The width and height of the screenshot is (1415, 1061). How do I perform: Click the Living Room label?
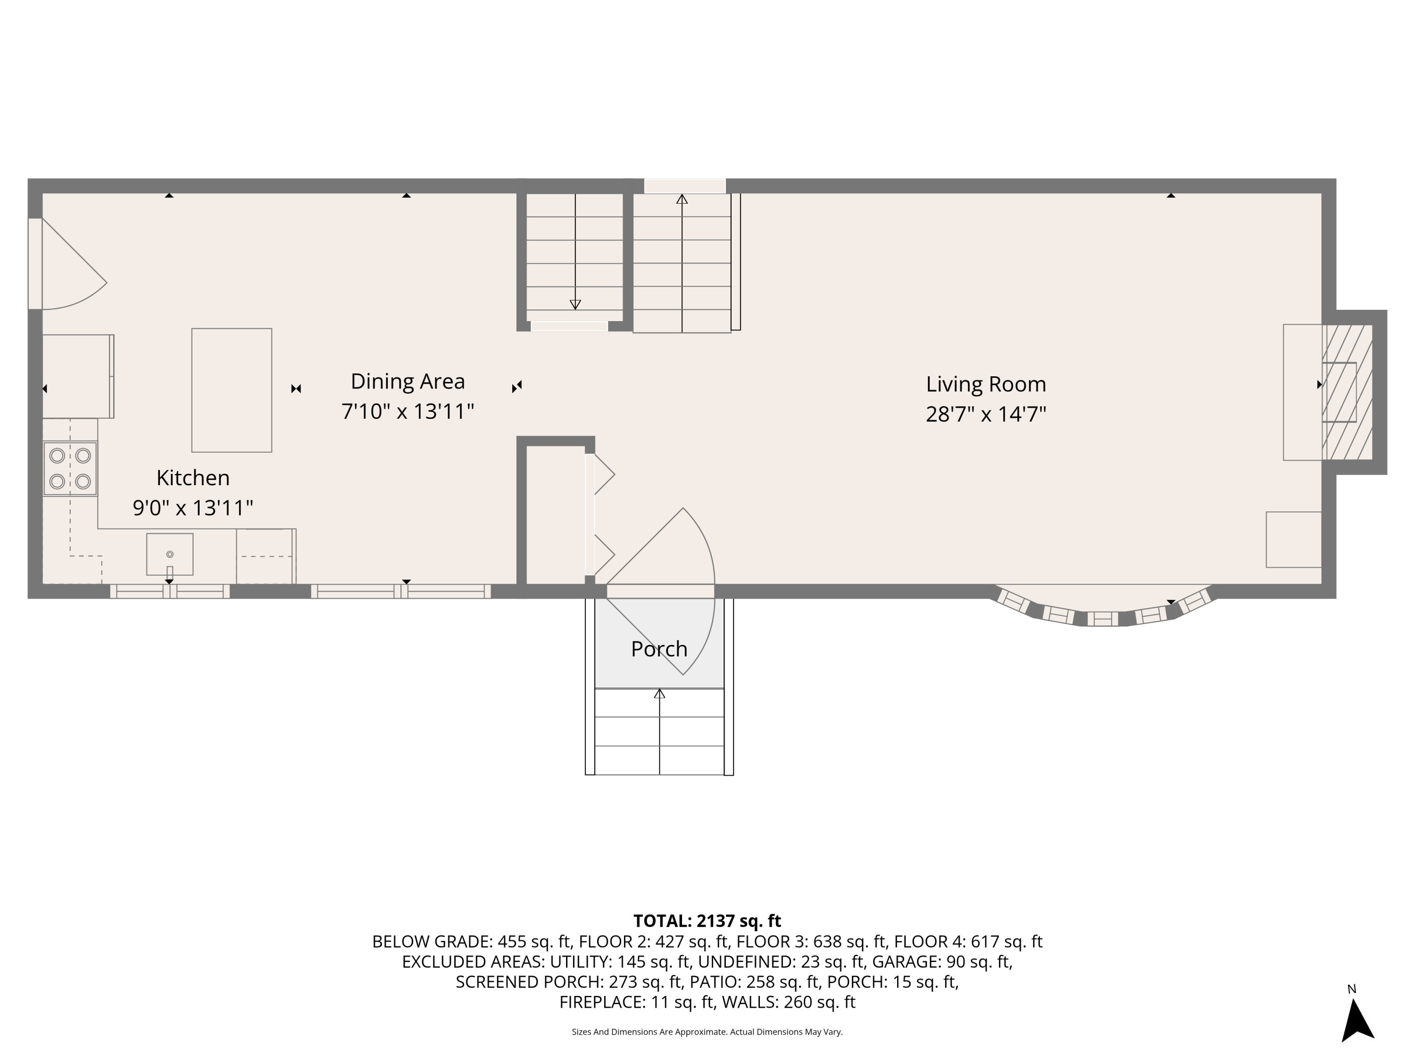(985, 384)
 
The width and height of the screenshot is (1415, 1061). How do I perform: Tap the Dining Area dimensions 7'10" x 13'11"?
(408, 411)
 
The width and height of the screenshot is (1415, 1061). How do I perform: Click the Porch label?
(659, 649)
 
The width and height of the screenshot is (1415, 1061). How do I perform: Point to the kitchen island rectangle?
(232, 390)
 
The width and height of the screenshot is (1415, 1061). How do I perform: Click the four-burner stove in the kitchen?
(70, 468)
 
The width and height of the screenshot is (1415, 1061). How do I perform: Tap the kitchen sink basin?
(169, 554)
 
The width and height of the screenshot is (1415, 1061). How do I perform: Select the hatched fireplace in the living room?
(1347, 392)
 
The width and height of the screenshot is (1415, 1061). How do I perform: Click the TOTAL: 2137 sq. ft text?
(707, 921)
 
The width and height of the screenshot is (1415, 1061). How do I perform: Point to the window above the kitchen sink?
(169, 592)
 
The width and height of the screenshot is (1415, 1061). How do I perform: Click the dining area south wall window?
(400, 592)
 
